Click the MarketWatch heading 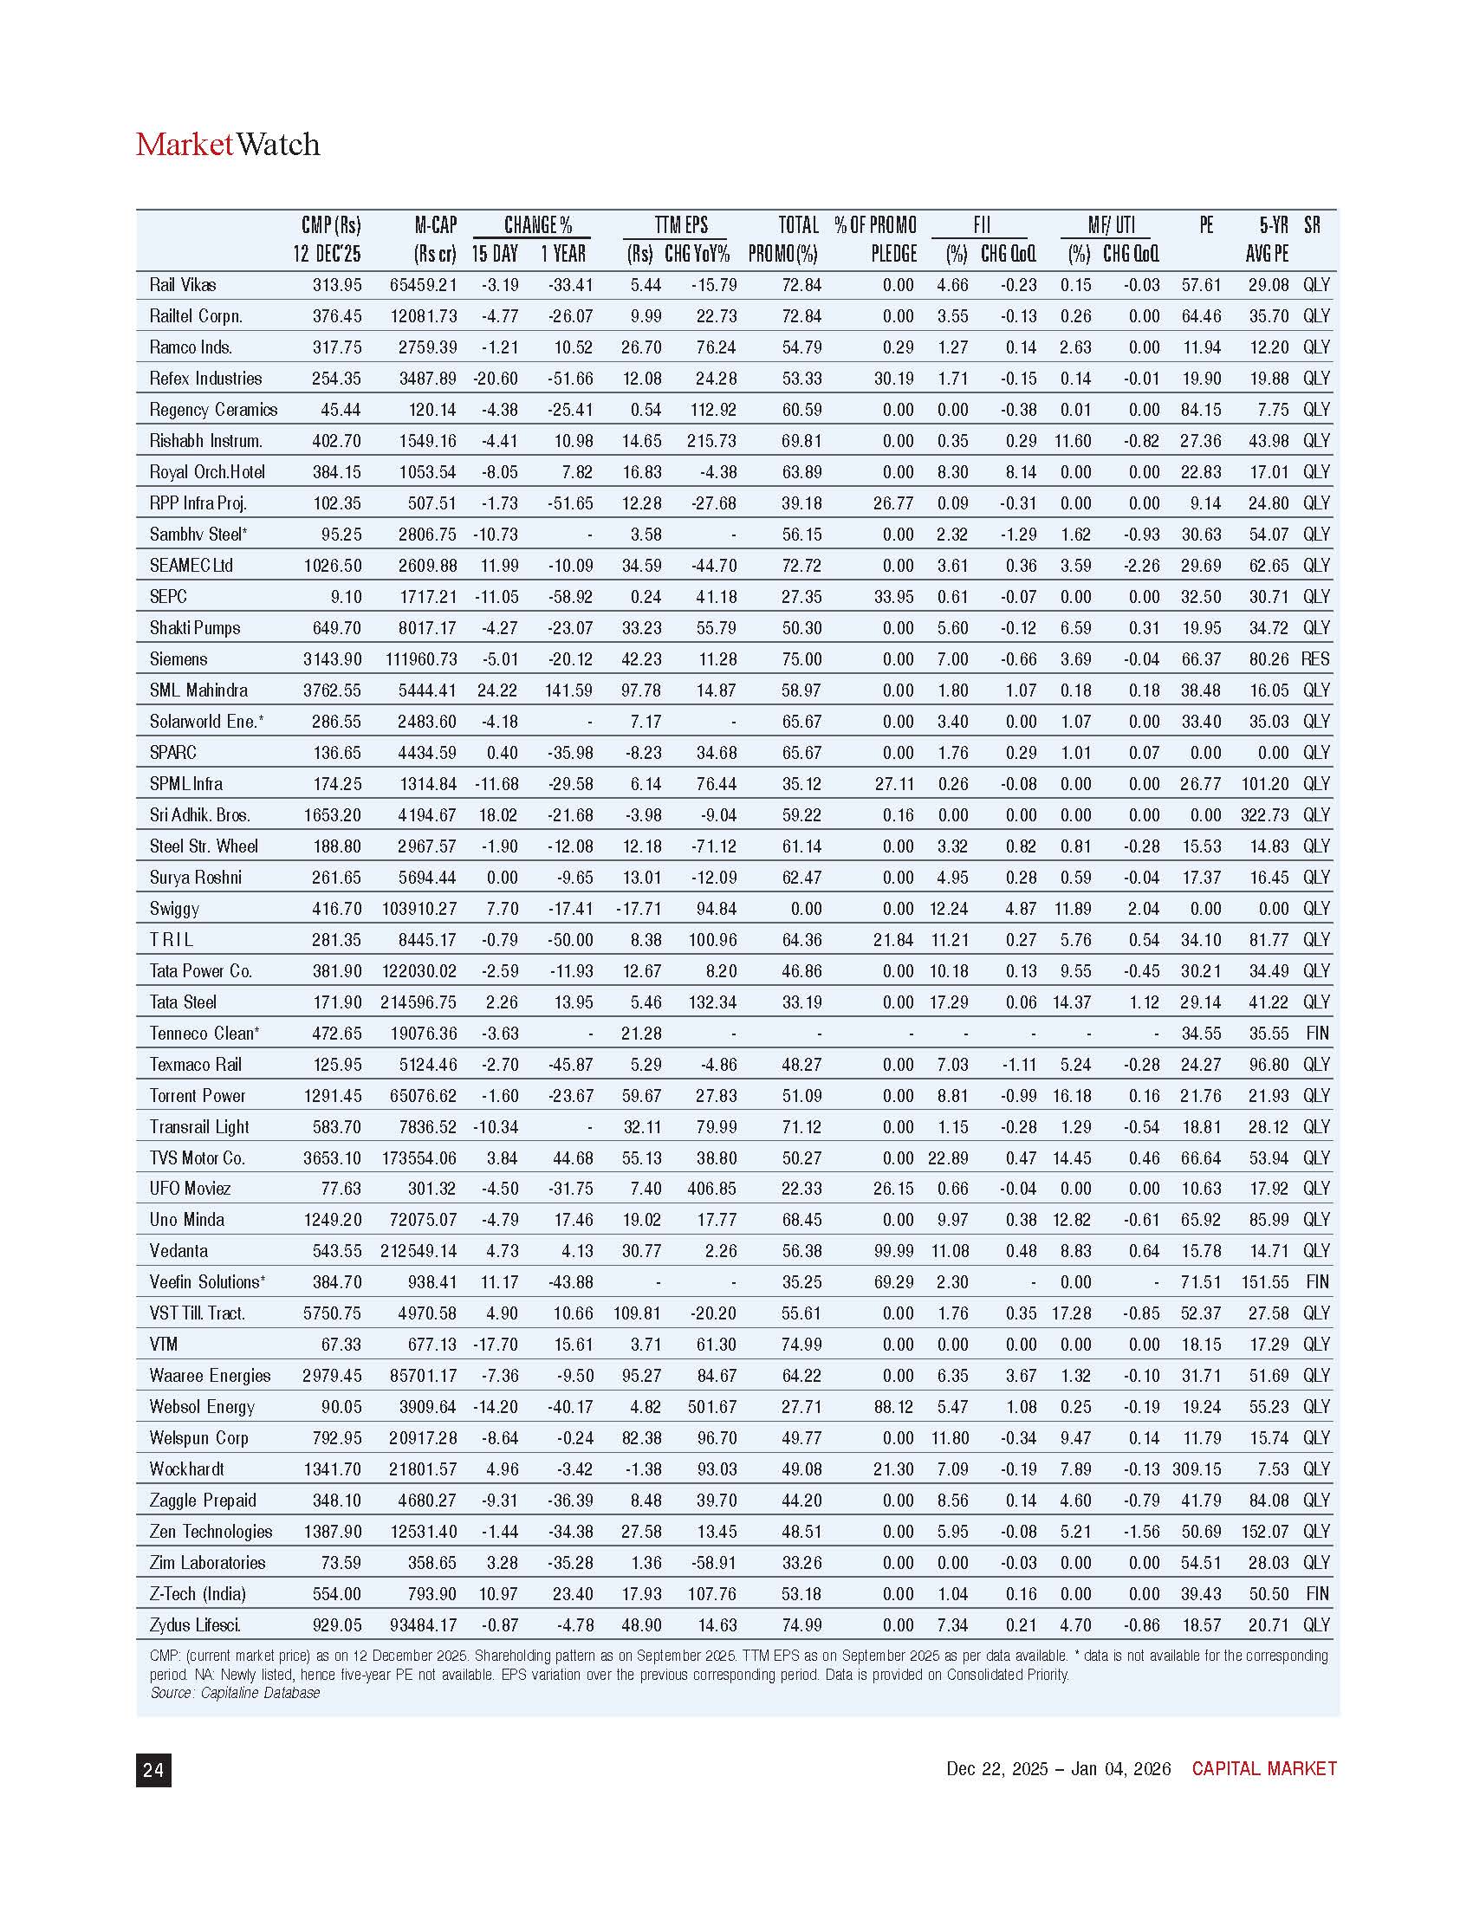click(228, 144)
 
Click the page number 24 click(153, 1769)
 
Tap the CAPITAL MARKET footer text click(1263, 1768)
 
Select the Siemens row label click(178, 659)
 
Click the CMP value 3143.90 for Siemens click(332, 659)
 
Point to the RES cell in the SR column click(1315, 659)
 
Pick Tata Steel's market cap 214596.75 click(418, 1002)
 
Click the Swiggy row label click(174, 909)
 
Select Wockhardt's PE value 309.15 click(1196, 1468)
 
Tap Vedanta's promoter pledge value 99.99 click(892, 1250)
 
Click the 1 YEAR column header click(563, 254)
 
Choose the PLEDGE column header click(893, 254)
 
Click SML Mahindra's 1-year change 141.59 click(568, 690)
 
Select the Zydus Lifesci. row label click(196, 1625)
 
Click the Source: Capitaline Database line click(235, 1692)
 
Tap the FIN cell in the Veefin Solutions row click(1317, 1282)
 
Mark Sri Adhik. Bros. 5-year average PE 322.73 click(1264, 815)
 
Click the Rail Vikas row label click(182, 284)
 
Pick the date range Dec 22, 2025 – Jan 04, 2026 click(1058, 1768)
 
